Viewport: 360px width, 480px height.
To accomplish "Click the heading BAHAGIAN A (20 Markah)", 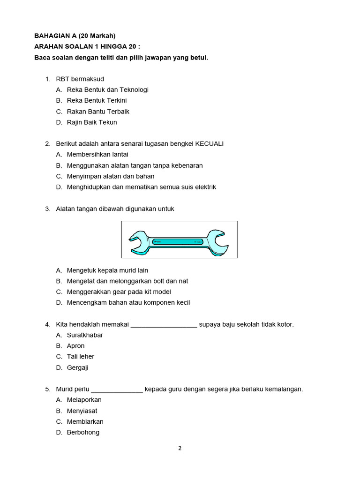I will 75,36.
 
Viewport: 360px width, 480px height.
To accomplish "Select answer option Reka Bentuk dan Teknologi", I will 107,90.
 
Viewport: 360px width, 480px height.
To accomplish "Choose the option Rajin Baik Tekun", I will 92,122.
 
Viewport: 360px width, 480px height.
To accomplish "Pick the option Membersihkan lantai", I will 97,154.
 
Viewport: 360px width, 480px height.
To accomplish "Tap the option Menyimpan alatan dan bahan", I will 111,176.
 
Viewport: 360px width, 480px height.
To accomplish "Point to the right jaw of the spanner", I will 217,240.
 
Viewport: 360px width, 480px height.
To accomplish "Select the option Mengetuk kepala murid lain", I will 107,270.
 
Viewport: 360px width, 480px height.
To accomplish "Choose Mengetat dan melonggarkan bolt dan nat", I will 127,281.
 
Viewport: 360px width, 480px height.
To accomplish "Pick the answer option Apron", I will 76,346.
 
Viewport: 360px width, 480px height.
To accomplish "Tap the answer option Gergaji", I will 78,367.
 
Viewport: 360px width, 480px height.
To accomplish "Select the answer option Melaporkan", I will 84,400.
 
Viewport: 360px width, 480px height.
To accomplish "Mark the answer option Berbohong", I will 83,432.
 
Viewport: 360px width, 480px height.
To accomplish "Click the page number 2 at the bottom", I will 180,448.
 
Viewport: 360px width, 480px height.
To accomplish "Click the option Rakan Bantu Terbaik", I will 98,112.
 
